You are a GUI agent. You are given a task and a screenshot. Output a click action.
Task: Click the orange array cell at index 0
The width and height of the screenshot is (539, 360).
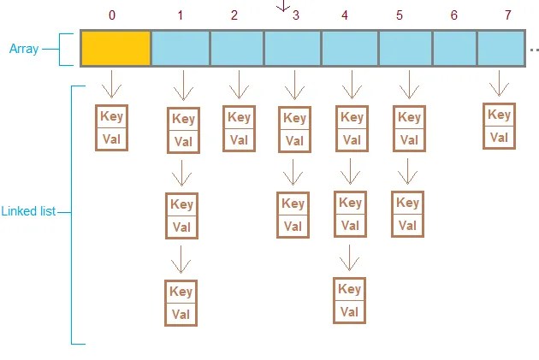(115, 49)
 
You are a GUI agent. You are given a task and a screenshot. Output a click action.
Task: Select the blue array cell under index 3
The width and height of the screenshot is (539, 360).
(293, 49)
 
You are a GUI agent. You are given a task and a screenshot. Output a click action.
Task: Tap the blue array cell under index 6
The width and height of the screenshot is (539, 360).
(454, 49)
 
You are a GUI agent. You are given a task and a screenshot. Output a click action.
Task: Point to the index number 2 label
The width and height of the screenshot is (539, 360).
(234, 15)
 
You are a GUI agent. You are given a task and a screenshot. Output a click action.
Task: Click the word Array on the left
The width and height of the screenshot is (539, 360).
(25, 50)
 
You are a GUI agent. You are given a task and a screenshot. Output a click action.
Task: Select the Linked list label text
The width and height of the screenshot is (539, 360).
(28, 211)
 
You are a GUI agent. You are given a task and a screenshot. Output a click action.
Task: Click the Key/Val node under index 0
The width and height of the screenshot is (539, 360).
(111, 127)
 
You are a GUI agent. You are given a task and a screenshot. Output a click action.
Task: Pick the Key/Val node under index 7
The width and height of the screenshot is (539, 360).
(499, 126)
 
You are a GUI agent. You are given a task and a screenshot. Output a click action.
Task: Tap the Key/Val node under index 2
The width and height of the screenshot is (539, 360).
(239, 128)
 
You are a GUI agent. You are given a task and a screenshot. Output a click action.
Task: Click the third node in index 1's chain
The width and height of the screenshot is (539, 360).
(181, 303)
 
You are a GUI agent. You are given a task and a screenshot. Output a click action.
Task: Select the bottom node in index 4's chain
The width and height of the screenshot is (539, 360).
(349, 299)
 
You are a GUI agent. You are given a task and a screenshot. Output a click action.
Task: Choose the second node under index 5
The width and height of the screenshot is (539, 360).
(408, 214)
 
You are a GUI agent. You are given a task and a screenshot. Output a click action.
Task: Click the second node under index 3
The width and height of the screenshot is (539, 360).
(293, 215)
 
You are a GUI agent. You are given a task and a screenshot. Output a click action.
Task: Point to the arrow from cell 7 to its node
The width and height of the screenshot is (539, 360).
(499, 83)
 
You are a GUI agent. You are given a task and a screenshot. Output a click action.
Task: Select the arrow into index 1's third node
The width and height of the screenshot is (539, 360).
(181, 257)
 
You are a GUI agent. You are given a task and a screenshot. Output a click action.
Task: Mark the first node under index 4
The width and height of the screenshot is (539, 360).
(352, 128)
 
